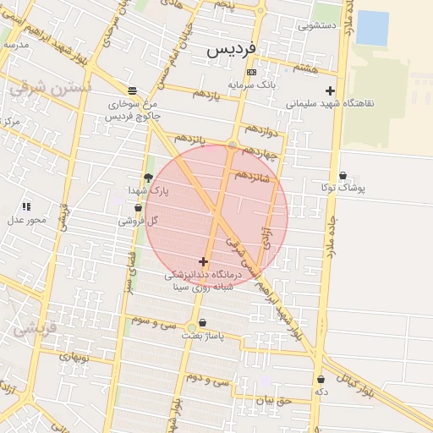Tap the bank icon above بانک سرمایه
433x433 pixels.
pyautogui.click(x=250, y=73)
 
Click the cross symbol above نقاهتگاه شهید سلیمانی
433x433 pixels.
pyautogui.click(x=330, y=90)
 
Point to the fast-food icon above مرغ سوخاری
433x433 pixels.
pyautogui.click(x=131, y=90)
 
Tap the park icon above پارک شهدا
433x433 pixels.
pyautogui.click(x=149, y=178)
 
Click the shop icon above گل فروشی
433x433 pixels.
pyautogui.click(x=139, y=207)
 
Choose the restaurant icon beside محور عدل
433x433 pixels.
pyautogui.click(x=26, y=206)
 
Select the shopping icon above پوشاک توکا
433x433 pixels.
pyautogui.click(x=342, y=174)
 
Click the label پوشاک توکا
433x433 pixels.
pyautogui.click(x=343, y=188)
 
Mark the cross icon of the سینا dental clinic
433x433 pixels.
pyautogui.click(x=203, y=261)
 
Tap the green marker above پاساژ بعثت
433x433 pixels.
pyautogui.click(x=192, y=325)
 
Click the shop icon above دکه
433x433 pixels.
pyautogui.click(x=321, y=379)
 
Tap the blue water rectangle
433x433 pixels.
pyautogui.click(x=372, y=27)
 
